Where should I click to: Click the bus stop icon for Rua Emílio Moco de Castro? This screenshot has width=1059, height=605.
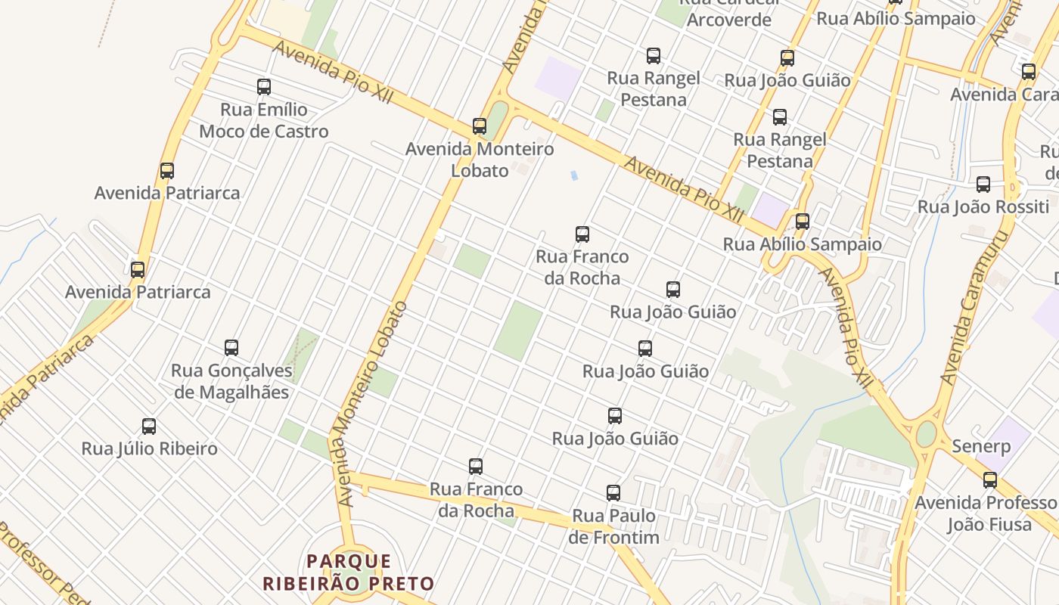coord(264,87)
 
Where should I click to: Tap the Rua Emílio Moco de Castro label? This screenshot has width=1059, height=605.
coord(264,121)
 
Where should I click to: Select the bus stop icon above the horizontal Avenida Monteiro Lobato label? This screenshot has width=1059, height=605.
coord(480,126)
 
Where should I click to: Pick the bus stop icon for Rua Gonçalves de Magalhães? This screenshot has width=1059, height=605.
coord(231,348)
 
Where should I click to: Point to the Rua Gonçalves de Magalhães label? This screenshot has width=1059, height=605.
coord(231,381)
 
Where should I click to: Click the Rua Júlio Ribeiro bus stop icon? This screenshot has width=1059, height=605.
coord(149,427)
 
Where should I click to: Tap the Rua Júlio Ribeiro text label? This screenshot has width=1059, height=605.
coord(150,448)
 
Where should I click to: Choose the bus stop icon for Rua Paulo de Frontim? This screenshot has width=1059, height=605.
coord(613,493)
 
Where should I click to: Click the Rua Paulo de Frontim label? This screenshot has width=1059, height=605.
coord(613,526)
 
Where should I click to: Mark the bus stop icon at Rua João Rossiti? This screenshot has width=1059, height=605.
coord(983,184)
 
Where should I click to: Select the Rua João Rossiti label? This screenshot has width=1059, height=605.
coord(983,206)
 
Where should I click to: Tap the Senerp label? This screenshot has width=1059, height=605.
coord(981,446)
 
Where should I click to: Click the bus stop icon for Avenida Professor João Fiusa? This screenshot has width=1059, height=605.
coord(990,479)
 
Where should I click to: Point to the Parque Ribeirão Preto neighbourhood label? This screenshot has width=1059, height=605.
coord(349,572)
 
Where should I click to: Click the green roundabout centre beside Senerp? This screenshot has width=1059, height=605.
coord(926,435)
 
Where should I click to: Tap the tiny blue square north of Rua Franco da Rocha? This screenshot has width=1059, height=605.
coord(574,175)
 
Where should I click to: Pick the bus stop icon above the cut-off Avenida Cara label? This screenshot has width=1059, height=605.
coord(1029,72)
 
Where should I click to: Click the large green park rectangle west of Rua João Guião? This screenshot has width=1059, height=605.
coord(518,330)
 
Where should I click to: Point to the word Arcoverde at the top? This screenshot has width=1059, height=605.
coord(729,20)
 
